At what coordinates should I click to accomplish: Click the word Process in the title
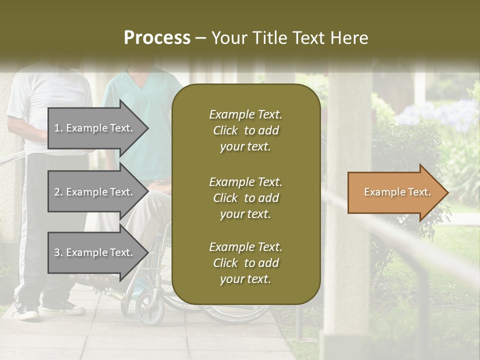pyautogui.click(x=157, y=38)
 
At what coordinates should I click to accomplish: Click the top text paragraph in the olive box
pyautogui.click(x=245, y=130)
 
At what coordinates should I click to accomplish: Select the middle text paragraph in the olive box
pyautogui.click(x=245, y=197)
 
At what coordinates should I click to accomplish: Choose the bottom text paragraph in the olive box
pyautogui.click(x=245, y=263)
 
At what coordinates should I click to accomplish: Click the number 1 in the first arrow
pyautogui.click(x=57, y=128)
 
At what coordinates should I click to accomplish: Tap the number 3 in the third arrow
pyautogui.click(x=57, y=252)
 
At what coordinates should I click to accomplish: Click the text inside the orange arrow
pyautogui.click(x=397, y=192)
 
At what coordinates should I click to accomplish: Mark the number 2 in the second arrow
pyautogui.click(x=57, y=192)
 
